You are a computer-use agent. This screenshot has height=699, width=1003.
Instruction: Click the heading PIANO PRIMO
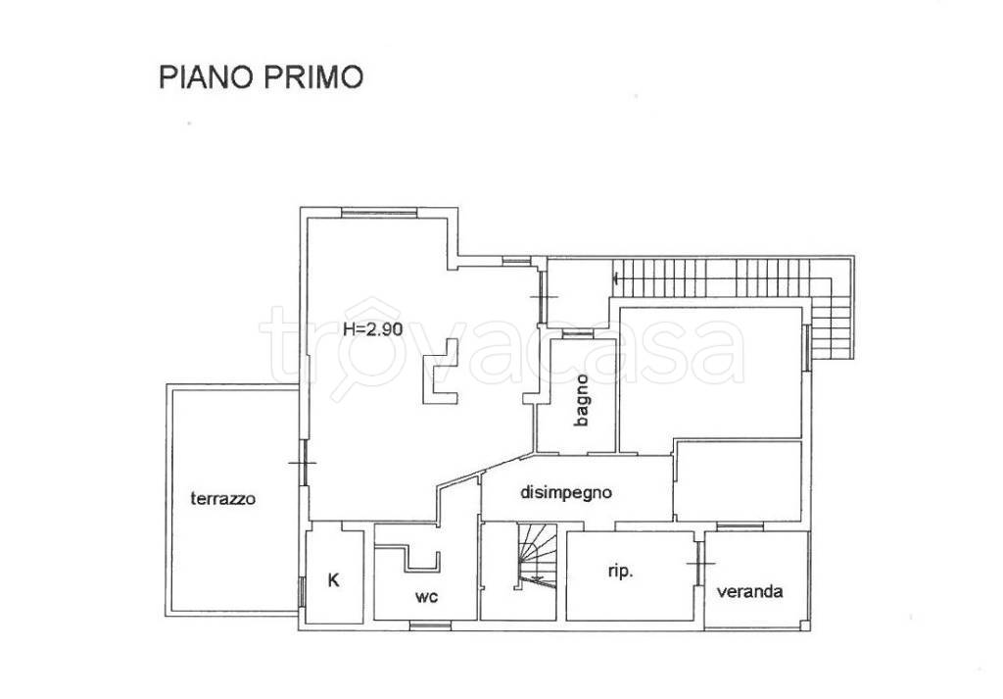point(261,77)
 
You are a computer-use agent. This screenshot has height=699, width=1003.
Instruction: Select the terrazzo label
point(223,498)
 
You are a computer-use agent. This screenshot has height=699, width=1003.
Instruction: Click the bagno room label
point(582,400)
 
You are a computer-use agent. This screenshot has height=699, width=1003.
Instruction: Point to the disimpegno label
point(567,493)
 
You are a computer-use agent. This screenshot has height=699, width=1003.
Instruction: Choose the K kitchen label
point(333,579)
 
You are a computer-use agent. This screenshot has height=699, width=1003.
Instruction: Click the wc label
point(425,595)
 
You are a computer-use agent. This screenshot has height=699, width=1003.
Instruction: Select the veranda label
point(749,591)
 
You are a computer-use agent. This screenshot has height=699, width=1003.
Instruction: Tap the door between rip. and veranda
point(699,566)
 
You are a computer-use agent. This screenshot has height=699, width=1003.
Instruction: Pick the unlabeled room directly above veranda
point(738,480)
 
